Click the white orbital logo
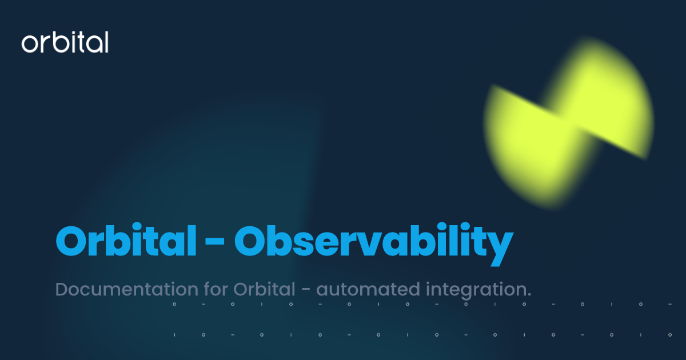pyautogui.click(x=65, y=43)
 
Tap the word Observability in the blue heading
pyautogui.click(x=373, y=242)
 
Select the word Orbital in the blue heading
pyautogui.click(x=125, y=242)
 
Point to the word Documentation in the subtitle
pyautogui.click(x=119, y=289)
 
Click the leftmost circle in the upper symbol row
pyautogui.click(x=174, y=305)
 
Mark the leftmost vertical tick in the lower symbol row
pyautogui.click(x=174, y=334)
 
